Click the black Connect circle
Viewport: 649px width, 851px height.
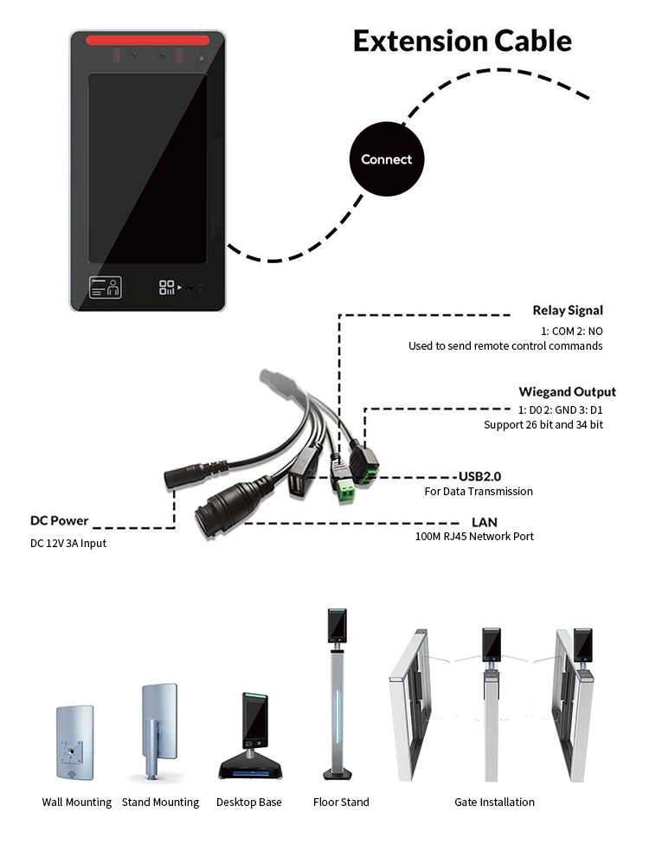[x=387, y=159]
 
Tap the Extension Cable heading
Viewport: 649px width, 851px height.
[x=462, y=41]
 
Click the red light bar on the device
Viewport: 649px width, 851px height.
[x=148, y=40]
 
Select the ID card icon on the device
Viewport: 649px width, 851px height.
[x=106, y=287]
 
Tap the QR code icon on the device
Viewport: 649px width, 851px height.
[x=167, y=287]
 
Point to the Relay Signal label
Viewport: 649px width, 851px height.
[x=568, y=310]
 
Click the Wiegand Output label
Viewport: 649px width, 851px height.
[x=567, y=391]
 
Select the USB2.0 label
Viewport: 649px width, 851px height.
[x=479, y=476]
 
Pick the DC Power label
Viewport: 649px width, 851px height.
[x=60, y=521]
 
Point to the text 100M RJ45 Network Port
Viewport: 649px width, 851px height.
[x=475, y=537]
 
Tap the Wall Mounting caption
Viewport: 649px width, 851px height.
[x=77, y=803]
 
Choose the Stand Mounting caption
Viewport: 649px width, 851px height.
[x=160, y=803]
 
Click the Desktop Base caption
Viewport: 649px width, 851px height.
[x=249, y=803]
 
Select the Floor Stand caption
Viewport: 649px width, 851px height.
[x=341, y=803]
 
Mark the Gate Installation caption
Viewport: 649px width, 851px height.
[x=494, y=803]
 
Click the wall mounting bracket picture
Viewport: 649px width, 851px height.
[x=74, y=744]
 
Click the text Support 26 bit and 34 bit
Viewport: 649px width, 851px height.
[x=543, y=425]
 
